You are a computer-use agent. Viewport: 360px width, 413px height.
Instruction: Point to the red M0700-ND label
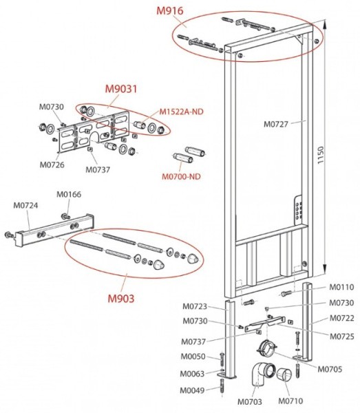point(181,176)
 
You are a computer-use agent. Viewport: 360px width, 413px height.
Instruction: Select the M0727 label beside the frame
point(279,125)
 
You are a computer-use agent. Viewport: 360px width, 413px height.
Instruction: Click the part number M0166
point(68,194)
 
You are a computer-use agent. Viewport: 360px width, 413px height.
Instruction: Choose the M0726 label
point(52,165)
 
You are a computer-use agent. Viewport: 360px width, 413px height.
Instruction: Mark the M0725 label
point(340,336)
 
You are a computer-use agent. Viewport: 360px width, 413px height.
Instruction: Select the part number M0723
point(195,306)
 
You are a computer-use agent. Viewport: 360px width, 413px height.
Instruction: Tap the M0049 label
point(193,391)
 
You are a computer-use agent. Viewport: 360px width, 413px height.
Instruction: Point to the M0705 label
point(330,368)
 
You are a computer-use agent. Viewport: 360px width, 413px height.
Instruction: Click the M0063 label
point(193,374)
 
